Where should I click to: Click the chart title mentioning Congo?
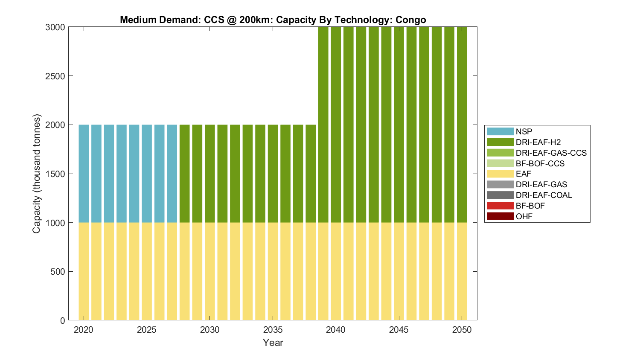pyautogui.click(x=273, y=20)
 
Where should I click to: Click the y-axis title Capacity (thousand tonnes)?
pyautogui.click(x=37, y=174)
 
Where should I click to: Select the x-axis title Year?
pyautogui.click(x=273, y=343)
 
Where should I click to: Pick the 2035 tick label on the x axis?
pyautogui.click(x=273, y=330)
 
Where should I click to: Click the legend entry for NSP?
pyautogui.click(x=524, y=131)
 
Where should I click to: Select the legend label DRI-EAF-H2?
pyautogui.click(x=538, y=142)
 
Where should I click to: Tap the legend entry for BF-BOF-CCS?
pyautogui.click(x=540, y=163)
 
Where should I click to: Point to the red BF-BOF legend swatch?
pyautogui.click(x=500, y=206)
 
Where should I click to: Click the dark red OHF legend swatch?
pyautogui.click(x=500, y=216)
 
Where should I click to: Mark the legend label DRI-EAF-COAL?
pyautogui.click(x=544, y=195)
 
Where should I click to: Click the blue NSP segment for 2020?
pyautogui.click(x=84, y=174)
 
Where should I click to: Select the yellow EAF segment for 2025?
pyautogui.click(x=147, y=271)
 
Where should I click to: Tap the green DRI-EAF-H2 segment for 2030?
pyautogui.click(x=209, y=174)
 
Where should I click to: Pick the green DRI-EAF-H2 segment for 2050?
pyautogui.click(x=462, y=125)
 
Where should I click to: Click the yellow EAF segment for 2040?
pyautogui.click(x=336, y=271)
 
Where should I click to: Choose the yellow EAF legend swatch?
pyautogui.click(x=500, y=174)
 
